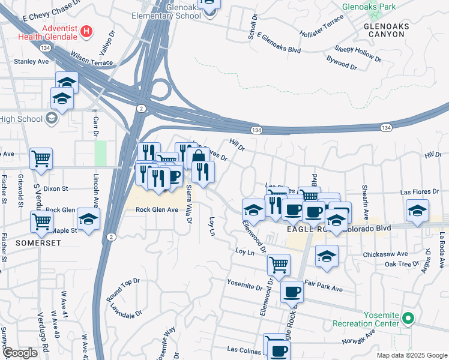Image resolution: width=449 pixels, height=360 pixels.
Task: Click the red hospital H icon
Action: (x=87, y=31)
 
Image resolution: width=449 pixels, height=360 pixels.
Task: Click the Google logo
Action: (x=19, y=353)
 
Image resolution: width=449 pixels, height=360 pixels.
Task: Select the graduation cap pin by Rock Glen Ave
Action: (x=88, y=219)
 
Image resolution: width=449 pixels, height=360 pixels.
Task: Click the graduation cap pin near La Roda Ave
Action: (x=417, y=210)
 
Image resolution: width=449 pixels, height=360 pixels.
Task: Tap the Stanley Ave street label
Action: (x=31, y=61)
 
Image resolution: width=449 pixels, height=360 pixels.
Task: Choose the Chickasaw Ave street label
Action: (x=385, y=254)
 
